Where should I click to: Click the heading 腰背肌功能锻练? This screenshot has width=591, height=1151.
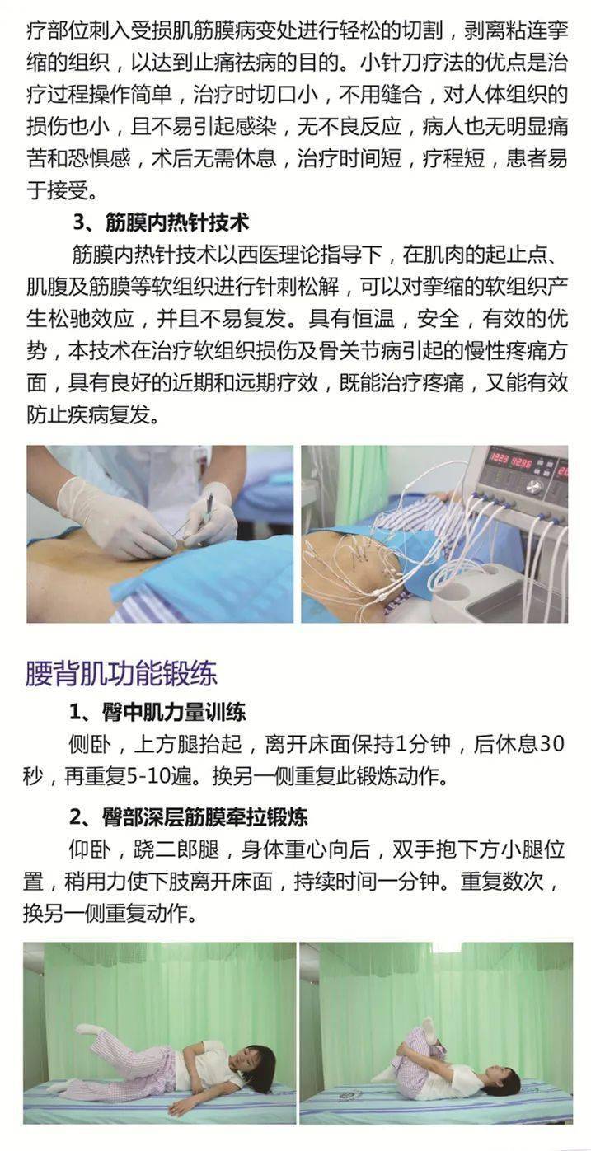[x=121, y=674]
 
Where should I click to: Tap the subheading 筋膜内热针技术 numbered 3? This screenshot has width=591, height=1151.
[x=161, y=223]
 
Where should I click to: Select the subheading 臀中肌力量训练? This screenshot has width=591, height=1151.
[x=157, y=712]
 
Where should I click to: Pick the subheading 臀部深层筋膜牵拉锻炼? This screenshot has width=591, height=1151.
[x=189, y=816]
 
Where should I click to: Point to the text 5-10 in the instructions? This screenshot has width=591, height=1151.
[x=147, y=776]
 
